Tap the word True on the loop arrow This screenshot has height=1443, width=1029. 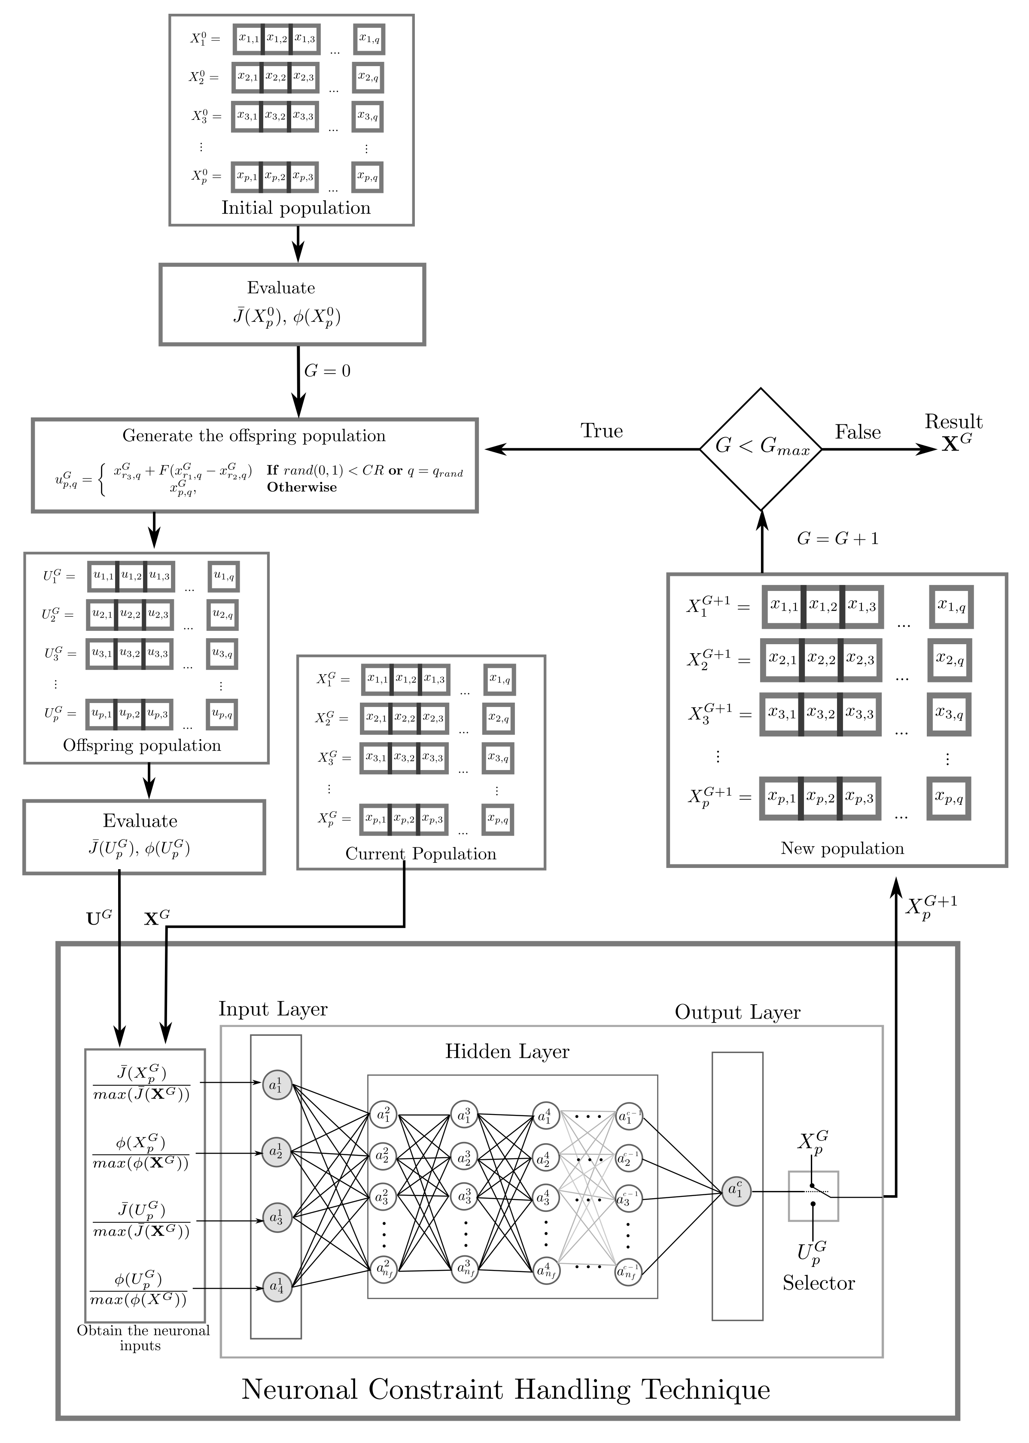coord(601,431)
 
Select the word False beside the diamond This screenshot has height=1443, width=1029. coord(857,432)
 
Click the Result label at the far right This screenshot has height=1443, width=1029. coord(953,422)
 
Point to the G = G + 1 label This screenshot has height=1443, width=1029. coord(837,539)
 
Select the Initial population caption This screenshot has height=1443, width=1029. coord(295,208)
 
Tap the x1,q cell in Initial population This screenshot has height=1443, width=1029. coord(369,39)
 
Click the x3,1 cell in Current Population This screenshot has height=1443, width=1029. coord(376,758)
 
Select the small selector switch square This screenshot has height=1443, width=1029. coord(813,1196)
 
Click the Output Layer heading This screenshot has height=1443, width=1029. coord(737,1012)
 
